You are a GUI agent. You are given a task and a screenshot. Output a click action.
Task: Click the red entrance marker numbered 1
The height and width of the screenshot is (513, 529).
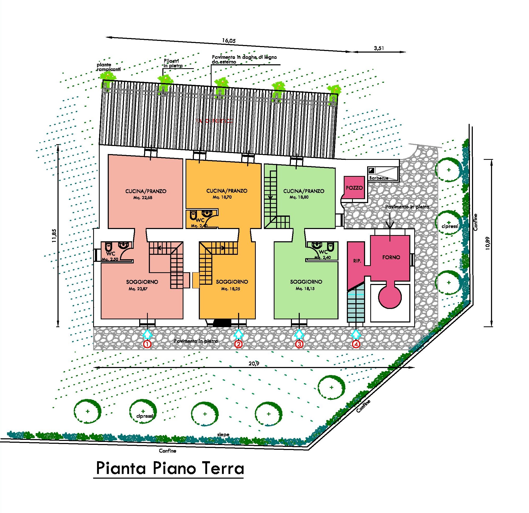[147, 344]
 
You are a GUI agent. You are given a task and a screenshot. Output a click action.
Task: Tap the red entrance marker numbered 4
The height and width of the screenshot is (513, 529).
[356, 344]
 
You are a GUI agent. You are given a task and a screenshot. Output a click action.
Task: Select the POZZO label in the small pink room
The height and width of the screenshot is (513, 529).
[354, 188]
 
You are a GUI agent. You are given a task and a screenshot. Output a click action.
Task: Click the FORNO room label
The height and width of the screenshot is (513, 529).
[391, 257]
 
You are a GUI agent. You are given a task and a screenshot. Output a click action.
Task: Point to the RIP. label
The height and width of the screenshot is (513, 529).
[357, 261]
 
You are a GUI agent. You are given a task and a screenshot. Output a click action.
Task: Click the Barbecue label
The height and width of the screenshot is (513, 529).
[379, 178]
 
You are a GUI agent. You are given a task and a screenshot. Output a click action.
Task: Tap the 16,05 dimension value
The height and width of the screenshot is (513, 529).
[229, 41]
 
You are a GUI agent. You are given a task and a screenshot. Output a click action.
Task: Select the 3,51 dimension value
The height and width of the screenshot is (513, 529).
[379, 49]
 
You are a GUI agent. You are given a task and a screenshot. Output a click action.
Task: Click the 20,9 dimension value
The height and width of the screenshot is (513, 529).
[254, 364]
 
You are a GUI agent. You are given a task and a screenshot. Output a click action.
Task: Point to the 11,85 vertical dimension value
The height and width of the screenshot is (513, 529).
[55, 236]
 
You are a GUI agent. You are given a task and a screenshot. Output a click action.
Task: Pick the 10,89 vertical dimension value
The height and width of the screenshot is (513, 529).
[487, 243]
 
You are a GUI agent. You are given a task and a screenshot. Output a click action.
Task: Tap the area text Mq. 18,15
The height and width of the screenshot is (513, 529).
[305, 289]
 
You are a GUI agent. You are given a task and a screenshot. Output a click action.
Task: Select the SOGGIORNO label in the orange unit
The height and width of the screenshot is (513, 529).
[232, 282]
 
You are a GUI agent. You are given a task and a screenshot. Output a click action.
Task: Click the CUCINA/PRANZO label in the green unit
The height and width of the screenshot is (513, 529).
[304, 191]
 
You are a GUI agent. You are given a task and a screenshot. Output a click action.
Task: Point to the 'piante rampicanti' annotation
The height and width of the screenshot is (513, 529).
[109, 67]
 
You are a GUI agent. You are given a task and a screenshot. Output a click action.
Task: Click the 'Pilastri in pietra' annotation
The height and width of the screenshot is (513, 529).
[173, 64]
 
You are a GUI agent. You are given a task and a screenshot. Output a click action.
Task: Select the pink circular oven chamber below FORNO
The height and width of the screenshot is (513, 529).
[390, 297]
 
